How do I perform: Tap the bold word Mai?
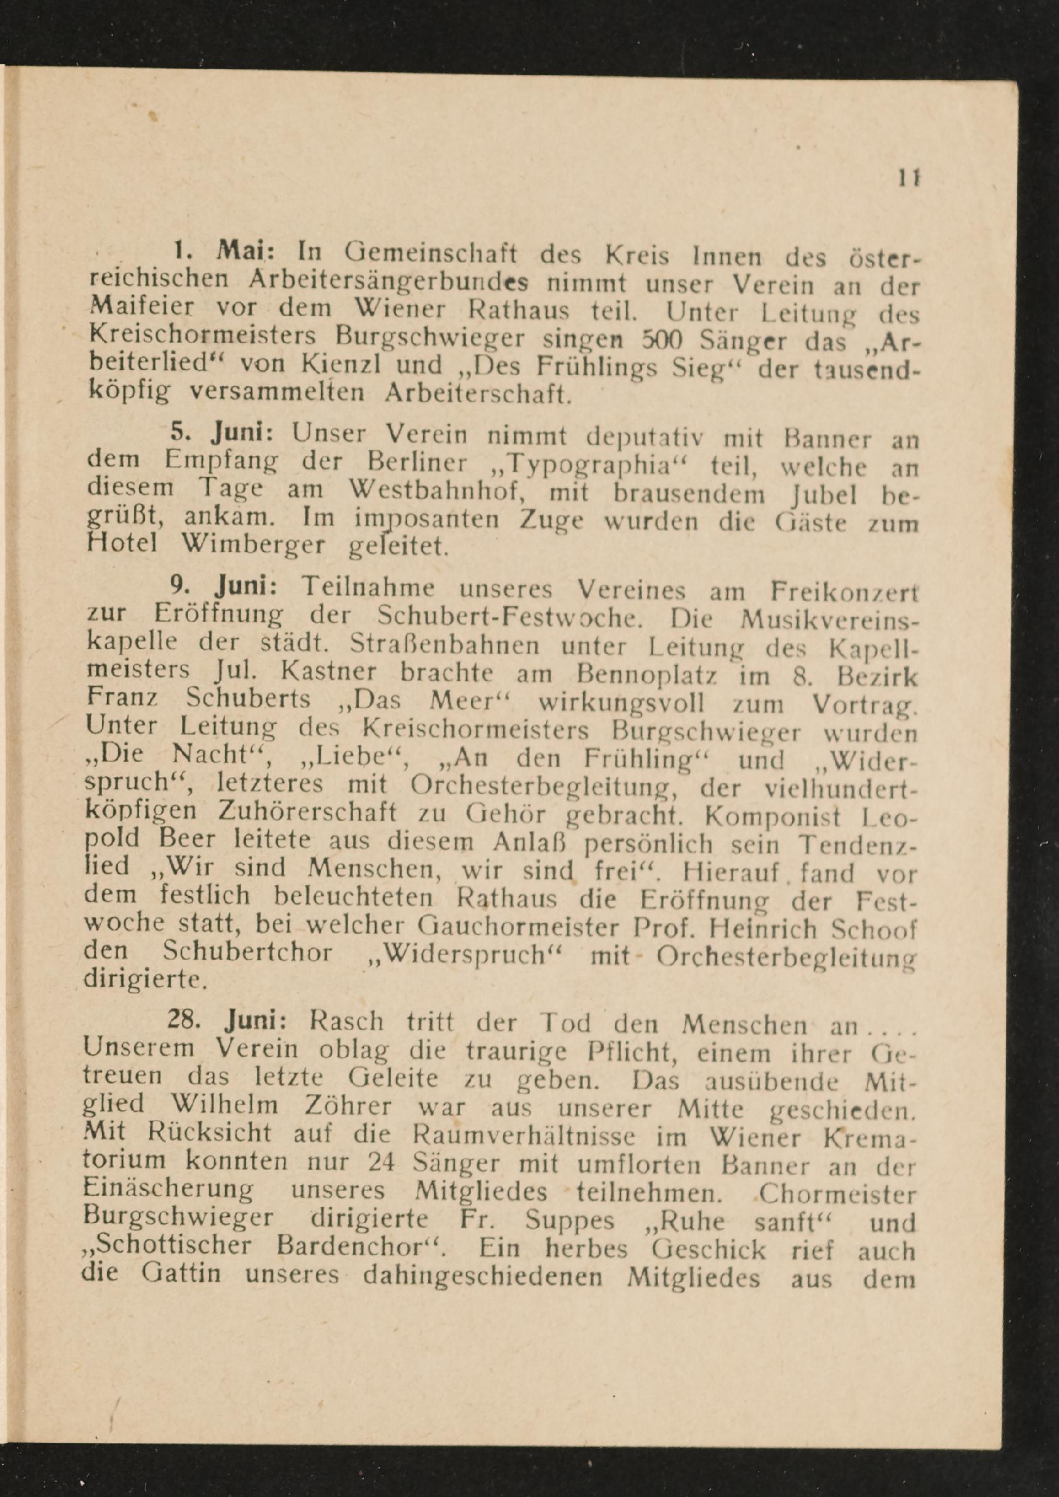coord(239,251)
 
